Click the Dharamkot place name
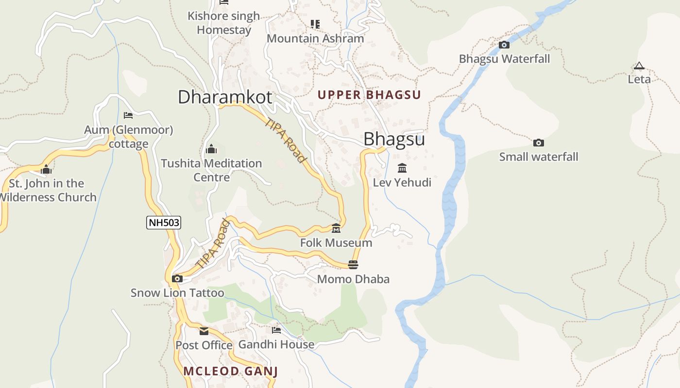coord(225,97)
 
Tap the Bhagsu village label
coord(394,139)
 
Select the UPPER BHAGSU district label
coord(369,95)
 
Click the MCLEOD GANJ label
coord(230,372)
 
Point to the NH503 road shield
coord(164,223)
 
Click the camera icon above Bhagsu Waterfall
coord(504,45)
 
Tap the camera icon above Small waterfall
coord(538,143)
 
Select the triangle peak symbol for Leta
coord(639,65)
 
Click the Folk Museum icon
coord(336,228)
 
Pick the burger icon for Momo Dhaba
coord(353,265)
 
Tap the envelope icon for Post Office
coord(204,331)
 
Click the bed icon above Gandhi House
coord(276,330)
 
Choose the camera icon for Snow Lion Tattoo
coord(177,278)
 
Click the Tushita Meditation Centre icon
coord(211,149)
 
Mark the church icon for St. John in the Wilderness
coord(46,169)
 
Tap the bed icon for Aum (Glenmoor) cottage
coord(128,115)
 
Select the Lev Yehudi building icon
coord(402,168)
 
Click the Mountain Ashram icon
coord(315,24)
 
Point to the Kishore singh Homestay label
coord(224,23)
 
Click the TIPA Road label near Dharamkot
coord(286,141)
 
